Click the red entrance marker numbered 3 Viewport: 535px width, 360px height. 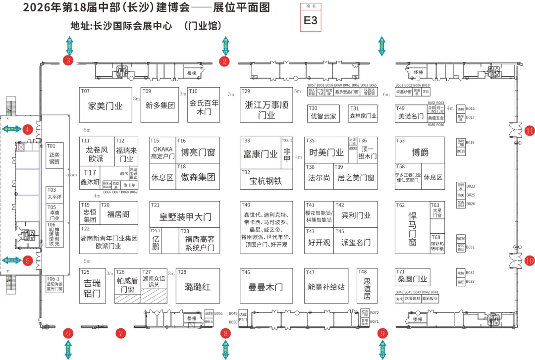pyautogui.click(x=68, y=60)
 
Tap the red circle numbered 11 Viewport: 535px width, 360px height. pyautogui.click(x=530, y=131)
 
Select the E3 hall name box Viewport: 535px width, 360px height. pyautogui.click(x=311, y=18)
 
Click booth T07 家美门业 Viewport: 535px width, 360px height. pyautogui.click(x=106, y=105)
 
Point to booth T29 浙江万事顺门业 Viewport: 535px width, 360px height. pyautogui.click(x=267, y=105)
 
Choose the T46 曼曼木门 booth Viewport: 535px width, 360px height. pyautogui.click(x=267, y=286)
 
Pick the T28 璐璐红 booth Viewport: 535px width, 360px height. pyautogui.click(x=198, y=286)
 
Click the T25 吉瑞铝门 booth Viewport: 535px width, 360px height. pyautogui.click(x=93, y=286)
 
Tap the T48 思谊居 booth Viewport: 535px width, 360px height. pyautogui.click(x=367, y=286)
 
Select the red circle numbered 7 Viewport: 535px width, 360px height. pyautogui.click(x=121, y=333)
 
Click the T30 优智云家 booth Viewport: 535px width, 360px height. pyautogui.click(x=323, y=113)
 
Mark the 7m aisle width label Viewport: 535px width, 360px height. pyautogui.click(x=230, y=94)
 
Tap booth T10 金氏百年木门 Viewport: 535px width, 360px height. pyautogui.click(x=204, y=105)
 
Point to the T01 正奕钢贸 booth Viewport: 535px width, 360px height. pyautogui.click(x=53, y=156)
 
